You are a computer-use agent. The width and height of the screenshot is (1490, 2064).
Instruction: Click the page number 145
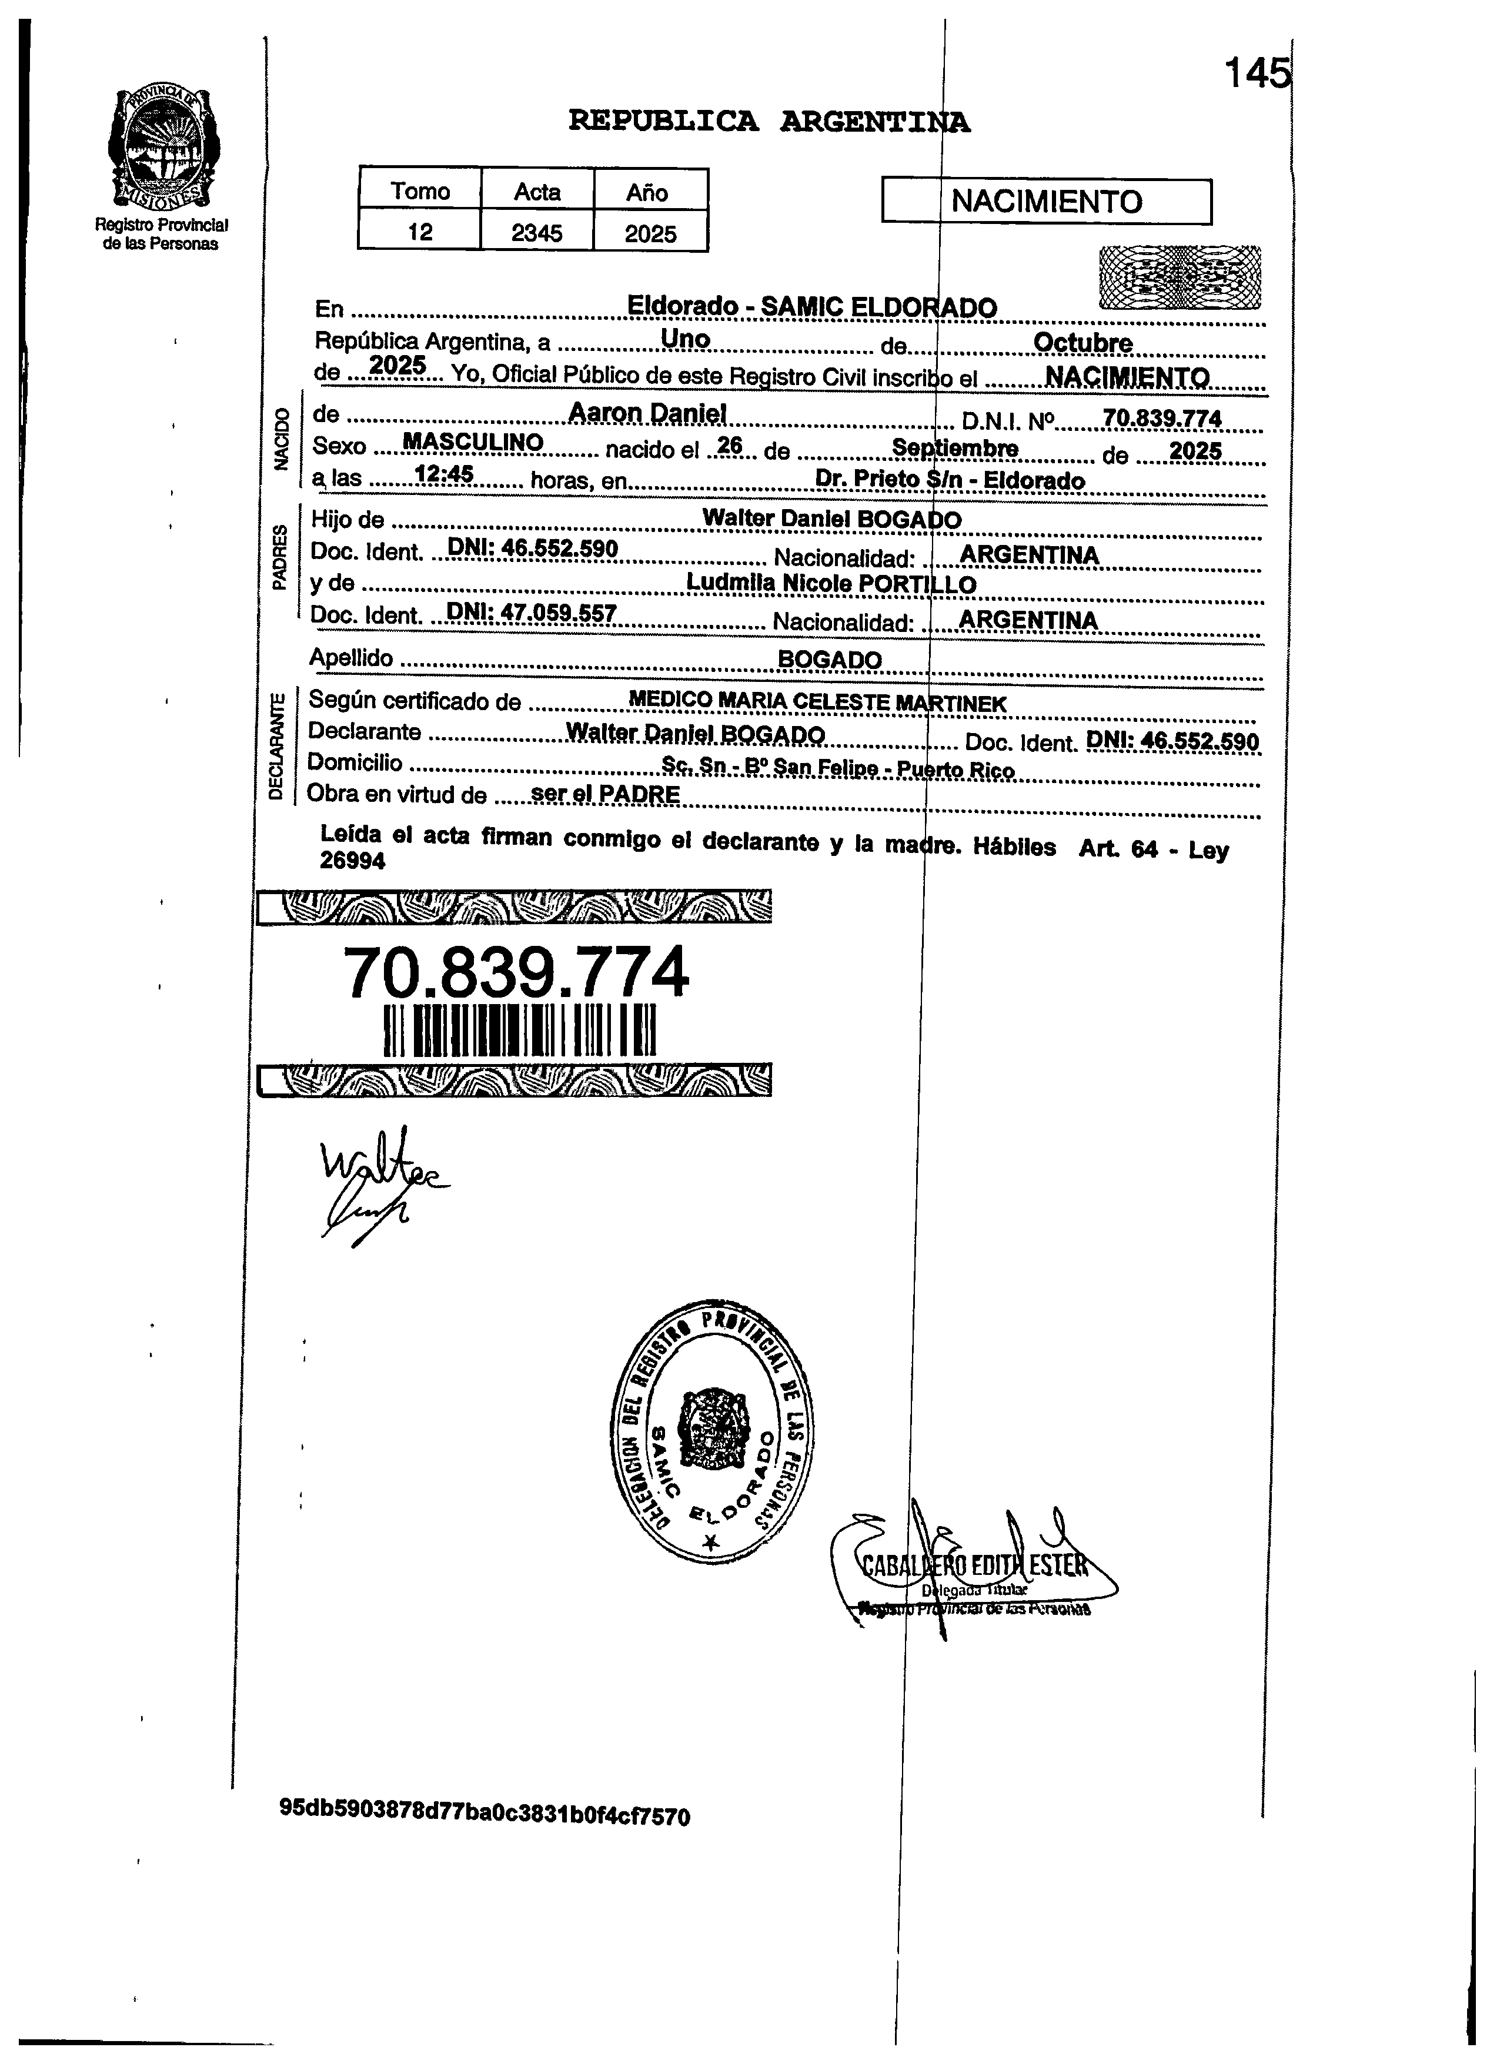coord(1256,73)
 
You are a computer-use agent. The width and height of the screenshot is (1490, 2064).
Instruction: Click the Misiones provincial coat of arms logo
coord(164,148)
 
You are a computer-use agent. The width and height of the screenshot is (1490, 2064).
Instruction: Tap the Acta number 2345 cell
coord(536,233)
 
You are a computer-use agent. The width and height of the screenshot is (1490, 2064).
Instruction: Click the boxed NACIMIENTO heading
coord(1046,201)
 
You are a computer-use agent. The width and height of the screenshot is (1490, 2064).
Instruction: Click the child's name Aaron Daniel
coord(647,413)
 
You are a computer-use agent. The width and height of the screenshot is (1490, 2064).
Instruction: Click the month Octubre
coord(1083,343)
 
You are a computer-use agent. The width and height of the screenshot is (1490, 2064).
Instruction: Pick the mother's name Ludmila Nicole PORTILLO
coord(830,583)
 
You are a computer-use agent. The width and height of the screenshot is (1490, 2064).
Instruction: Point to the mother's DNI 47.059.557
coord(533,613)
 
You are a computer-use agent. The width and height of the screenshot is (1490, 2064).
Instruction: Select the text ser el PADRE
coord(605,794)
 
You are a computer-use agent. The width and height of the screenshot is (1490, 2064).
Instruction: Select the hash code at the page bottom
coord(485,1815)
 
